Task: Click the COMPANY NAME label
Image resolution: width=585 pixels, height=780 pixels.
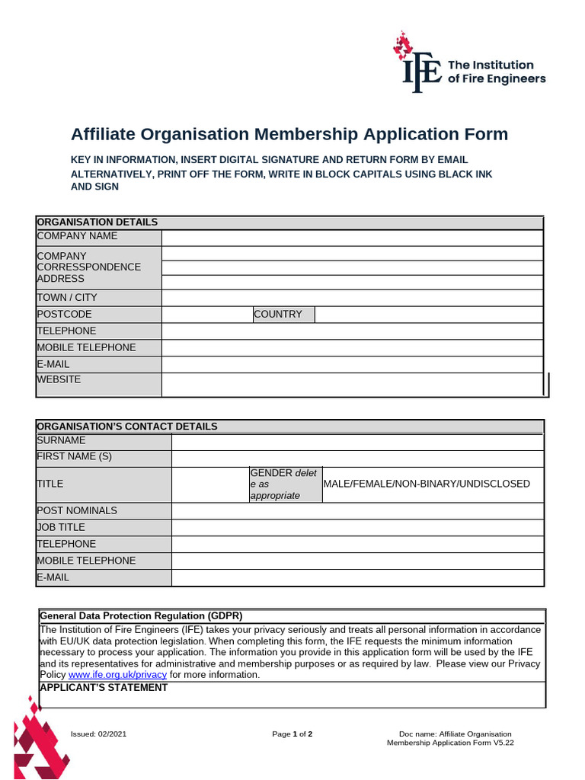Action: tap(77, 236)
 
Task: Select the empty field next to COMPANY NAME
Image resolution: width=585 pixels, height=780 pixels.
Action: tap(353, 237)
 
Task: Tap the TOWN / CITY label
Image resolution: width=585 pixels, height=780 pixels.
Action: tap(67, 298)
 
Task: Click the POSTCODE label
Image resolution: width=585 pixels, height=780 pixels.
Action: tap(64, 314)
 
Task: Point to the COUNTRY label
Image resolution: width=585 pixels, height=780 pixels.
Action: tap(278, 314)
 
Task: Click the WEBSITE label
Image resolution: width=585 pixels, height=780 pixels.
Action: tap(59, 379)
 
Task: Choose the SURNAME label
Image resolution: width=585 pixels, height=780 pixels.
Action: tap(61, 440)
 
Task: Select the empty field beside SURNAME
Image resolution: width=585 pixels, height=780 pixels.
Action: tap(357, 442)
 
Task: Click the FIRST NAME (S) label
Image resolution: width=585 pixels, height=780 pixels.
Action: tap(74, 457)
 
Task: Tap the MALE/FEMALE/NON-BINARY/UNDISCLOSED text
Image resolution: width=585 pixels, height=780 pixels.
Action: tap(427, 484)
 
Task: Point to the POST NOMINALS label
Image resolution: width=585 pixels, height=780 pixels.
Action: tap(77, 510)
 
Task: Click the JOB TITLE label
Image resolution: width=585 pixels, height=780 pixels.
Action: tap(61, 527)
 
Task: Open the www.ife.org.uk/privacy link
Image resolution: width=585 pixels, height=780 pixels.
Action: tap(117, 675)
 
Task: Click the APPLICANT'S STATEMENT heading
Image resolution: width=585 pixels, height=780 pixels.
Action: tap(104, 687)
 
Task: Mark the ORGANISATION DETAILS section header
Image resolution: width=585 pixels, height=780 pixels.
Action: tap(97, 222)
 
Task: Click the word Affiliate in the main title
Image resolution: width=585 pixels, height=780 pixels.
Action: tap(107, 135)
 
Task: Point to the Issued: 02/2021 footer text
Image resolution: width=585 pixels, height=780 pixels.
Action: tap(98, 734)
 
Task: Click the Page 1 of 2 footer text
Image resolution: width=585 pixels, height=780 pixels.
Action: tap(292, 734)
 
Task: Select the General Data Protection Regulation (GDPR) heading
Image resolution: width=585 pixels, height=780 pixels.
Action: tap(141, 615)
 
